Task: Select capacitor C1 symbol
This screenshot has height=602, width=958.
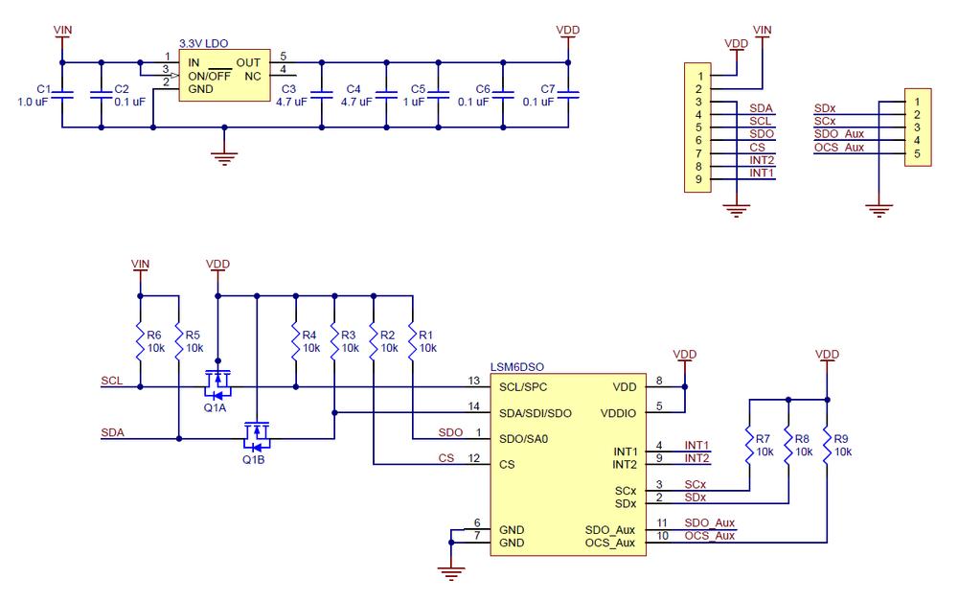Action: click(63, 94)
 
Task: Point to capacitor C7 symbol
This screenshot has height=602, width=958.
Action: click(569, 94)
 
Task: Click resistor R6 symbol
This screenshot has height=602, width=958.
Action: click(141, 339)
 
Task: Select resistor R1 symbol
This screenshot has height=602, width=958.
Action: click(412, 339)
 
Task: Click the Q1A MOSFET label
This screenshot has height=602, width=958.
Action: click(215, 407)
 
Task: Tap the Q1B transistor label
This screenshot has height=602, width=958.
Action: click(253, 459)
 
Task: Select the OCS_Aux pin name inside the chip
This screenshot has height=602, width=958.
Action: click(610, 543)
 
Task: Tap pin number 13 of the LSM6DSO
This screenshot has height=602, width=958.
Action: click(473, 381)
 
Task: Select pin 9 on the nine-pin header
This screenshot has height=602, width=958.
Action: click(701, 178)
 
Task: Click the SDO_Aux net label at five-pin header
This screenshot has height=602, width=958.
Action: click(839, 134)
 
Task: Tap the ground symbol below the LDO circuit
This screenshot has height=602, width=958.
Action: click(224, 157)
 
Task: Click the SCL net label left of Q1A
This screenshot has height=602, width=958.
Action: click(111, 381)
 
